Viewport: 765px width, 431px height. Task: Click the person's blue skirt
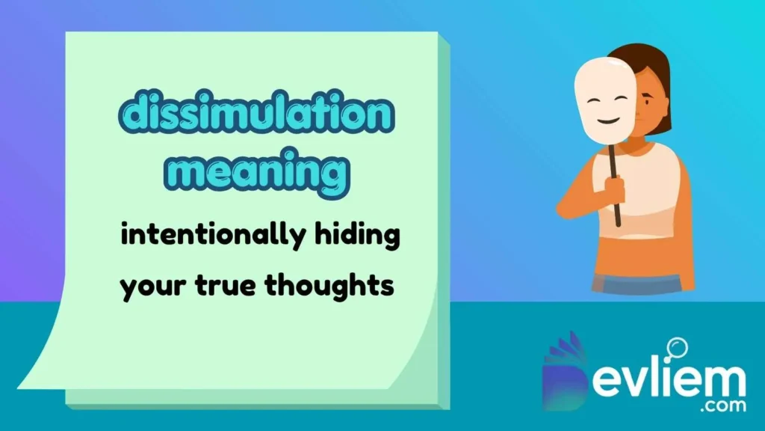(635, 284)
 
